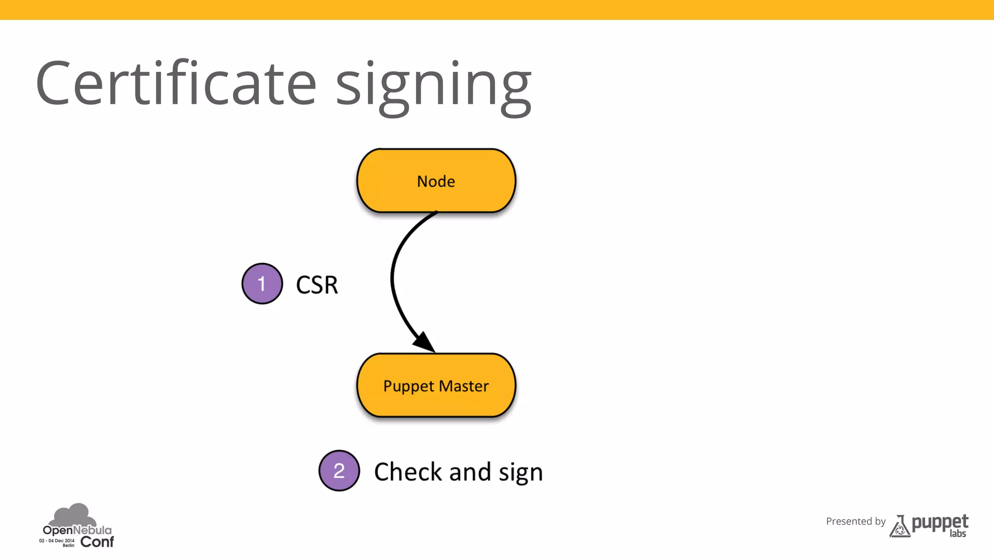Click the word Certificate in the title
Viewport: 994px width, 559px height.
tap(176, 83)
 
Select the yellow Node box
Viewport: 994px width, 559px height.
tap(436, 181)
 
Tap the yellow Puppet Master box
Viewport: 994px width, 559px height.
tap(436, 385)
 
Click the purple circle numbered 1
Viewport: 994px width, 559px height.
tap(262, 284)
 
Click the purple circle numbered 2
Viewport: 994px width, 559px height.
tap(339, 471)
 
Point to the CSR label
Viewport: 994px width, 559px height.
tap(317, 285)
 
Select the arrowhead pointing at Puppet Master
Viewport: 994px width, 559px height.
tap(425, 342)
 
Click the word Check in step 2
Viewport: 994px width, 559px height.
tap(408, 472)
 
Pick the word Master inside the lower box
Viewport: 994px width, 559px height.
tap(464, 386)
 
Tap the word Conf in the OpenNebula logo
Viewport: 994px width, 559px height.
tap(97, 542)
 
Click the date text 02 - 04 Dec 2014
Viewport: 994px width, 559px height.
tap(57, 541)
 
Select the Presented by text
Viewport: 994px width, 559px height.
tap(856, 521)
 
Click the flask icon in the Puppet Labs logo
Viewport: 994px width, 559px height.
tap(899, 527)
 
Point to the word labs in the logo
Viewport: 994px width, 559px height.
tap(958, 534)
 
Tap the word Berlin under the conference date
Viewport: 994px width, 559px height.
tap(68, 545)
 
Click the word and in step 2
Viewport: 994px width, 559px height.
tap(470, 472)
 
